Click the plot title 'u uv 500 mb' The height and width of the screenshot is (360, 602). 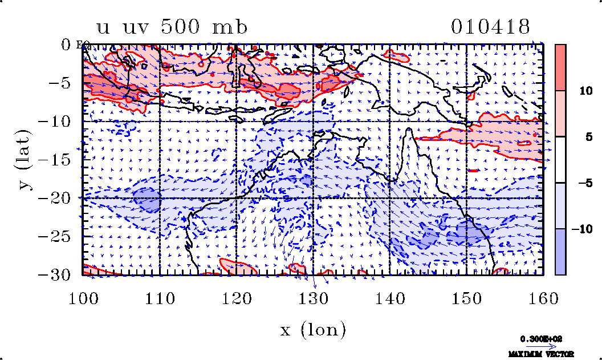pyautogui.click(x=172, y=27)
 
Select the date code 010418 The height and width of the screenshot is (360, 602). pyautogui.click(x=490, y=27)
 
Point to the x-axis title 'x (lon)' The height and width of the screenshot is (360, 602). pyautogui.click(x=313, y=329)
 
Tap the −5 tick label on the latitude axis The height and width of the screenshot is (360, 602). pyautogui.click(x=64, y=83)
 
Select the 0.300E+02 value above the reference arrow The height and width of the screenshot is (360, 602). pyautogui.click(x=542, y=338)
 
